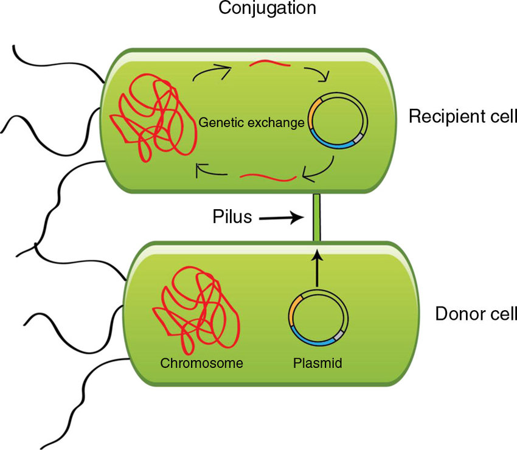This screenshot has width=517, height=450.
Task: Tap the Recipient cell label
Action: pos(462,116)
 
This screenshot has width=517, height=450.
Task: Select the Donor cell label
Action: pos(476,314)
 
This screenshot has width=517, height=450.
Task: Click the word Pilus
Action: pos(232,216)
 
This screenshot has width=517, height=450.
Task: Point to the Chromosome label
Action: pos(201,364)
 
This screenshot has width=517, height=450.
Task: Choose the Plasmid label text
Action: pos(317,364)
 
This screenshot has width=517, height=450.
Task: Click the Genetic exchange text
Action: pos(251,123)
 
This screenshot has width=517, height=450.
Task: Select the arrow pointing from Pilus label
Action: pos(280,217)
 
